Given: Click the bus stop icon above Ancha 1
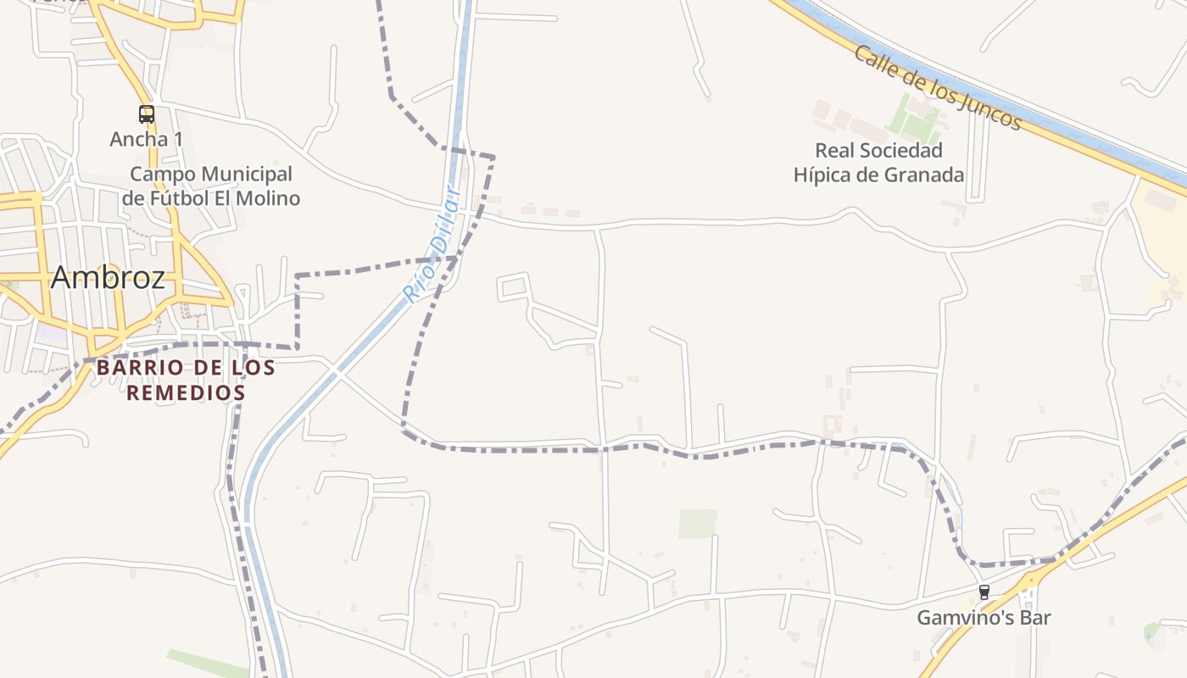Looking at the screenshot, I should tap(147, 114).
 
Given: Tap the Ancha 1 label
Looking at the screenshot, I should tap(147, 139).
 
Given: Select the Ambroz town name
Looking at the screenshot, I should tap(108, 277).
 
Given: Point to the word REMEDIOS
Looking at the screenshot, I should tap(186, 393).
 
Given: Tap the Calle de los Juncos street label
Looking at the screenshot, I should tap(937, 87).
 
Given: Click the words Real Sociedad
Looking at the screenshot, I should tap(878, 151).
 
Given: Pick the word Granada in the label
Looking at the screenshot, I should tap(924, 175).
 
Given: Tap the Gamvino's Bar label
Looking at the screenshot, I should tap(984, 618).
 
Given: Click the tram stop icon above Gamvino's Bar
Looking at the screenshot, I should tap(984, 592).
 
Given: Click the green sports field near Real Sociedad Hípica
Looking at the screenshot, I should tap(916, 119).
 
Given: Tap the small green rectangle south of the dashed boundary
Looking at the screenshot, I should tap(697, 523).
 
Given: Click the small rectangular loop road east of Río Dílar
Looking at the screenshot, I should tap(514, 286).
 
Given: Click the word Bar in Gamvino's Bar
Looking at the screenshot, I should tap(1035, 618).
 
